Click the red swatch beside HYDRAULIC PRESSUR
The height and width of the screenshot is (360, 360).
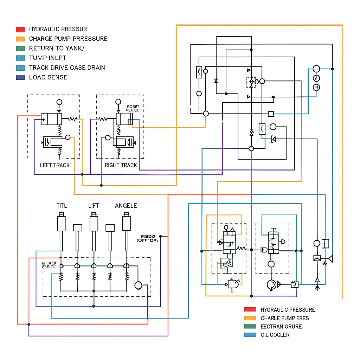(20, 30)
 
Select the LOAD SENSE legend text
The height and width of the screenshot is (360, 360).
(48, 77)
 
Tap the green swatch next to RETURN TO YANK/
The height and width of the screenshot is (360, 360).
(20, 49)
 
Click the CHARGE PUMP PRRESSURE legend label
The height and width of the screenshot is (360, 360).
(68, 39)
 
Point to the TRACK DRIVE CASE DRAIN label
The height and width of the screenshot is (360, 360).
(67, 68)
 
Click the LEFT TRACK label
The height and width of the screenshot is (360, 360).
(55, 165)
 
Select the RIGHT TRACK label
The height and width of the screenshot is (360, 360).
(121, 165)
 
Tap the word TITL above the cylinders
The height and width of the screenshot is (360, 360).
(62, 206)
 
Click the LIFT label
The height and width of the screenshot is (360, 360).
(94, 206)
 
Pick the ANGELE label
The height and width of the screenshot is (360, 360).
(126, 206)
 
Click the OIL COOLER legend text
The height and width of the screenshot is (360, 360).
(275, 335)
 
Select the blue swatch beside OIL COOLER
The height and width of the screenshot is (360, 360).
(250, 335)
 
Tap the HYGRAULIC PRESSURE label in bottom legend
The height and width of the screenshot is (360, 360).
(288, 310)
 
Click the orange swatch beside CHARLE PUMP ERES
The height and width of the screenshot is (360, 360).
(250, 318)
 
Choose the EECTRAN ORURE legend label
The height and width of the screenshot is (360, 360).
(281, 327)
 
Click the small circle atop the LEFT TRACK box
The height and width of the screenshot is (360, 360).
(59, 102)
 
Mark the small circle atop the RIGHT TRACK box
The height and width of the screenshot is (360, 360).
(118, 102)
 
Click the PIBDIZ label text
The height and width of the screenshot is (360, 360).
(147, 236)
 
